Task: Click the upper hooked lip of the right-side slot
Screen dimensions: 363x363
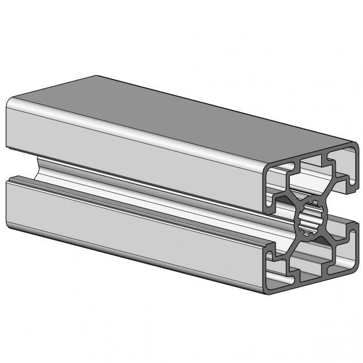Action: pyautogui.click(x=352, y=184)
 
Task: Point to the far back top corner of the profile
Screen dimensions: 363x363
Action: pyautogui.click(x=97, y=77)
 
